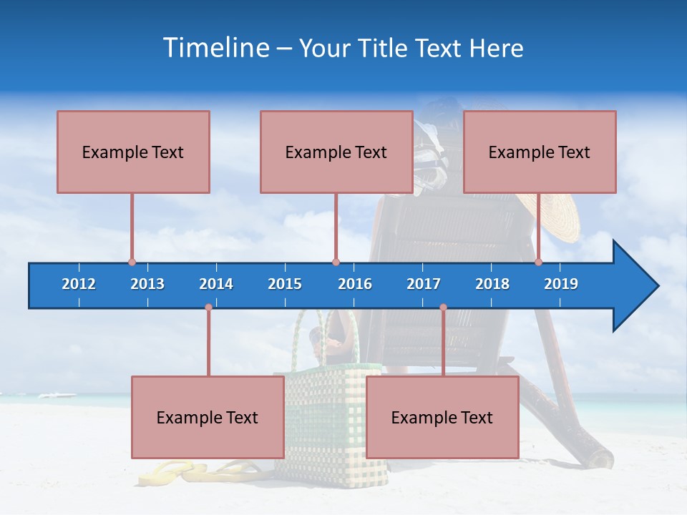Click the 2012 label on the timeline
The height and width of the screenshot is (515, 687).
(79, 284)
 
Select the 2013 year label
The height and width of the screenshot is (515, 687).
(147, 284)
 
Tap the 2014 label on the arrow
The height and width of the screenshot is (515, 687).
(216, 284)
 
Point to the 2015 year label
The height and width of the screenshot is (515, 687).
(285, 284)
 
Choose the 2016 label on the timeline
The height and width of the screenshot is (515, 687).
(355, 284)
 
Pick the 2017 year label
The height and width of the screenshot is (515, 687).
(424, 284)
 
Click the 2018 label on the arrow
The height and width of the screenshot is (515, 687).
(492, 284)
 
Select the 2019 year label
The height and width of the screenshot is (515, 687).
(561, 284)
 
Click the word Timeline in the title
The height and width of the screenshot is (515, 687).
(215, 48)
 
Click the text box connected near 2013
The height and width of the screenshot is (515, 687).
(133, 152)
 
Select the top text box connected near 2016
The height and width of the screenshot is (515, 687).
(336, 152)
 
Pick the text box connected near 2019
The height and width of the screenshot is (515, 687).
(540, 152)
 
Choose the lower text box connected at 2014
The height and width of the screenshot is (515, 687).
(208, 417)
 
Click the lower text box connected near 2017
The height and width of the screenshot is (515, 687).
(442, 417)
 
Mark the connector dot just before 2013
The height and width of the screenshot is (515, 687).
(132, 262)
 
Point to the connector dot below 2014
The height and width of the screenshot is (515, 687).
(208, 308)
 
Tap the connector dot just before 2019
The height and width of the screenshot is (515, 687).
(538, 262)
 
